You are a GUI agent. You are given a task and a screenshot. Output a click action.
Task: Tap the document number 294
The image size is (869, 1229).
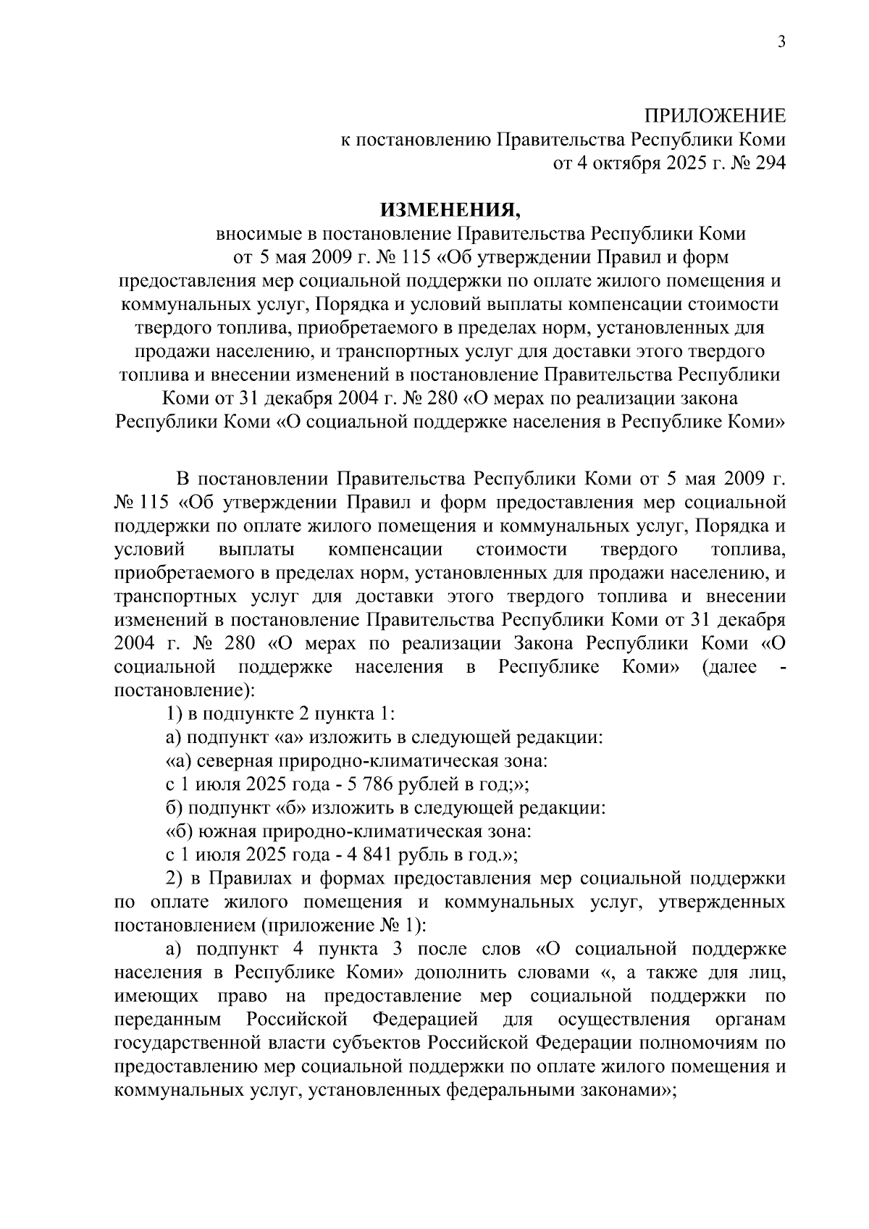point(767,164)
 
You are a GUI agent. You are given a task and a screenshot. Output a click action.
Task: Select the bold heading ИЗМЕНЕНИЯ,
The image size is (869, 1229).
point(450,211)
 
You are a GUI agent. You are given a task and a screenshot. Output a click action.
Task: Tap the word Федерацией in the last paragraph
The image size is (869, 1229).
point(425,1020)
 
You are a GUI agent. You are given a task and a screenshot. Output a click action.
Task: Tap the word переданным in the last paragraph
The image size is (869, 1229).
point(168,1020)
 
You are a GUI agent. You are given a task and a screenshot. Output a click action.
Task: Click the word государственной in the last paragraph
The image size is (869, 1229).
point(188,1044)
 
